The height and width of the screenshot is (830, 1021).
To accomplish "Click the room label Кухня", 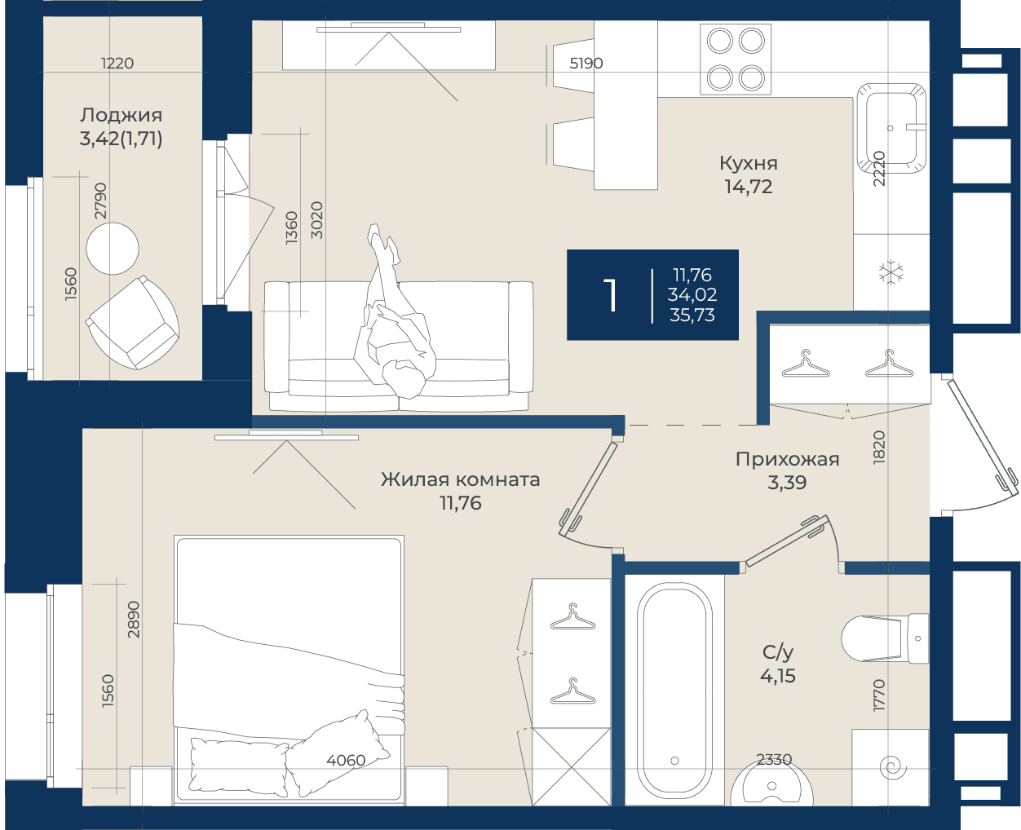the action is point(749,164).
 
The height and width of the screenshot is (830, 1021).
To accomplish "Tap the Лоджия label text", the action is point(121,116).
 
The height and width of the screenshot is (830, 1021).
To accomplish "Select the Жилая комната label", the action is point(460,479).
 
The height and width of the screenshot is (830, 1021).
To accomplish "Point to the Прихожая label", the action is point(787,460).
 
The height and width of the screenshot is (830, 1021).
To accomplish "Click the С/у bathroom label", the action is point(777,652).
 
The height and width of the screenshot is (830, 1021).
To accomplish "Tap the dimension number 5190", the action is point(586,64).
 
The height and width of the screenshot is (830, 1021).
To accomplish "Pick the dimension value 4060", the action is point(346,760).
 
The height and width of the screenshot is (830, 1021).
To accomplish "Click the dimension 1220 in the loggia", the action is point(117,63).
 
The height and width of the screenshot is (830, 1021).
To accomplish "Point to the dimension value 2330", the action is point(774,759).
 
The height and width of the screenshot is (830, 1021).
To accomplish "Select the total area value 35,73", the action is point(692,316).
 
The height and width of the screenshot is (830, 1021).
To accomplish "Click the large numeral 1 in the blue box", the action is point(610,296).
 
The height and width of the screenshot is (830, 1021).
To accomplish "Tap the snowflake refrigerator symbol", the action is point(891,272).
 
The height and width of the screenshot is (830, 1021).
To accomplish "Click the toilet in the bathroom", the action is point(885,638).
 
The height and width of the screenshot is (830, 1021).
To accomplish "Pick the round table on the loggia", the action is point(113,249).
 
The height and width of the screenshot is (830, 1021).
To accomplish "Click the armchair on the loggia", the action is point(133,323).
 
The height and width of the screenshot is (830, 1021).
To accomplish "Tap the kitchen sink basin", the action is point(891,128).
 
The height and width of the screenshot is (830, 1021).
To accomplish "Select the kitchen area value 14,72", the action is point(749,187).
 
